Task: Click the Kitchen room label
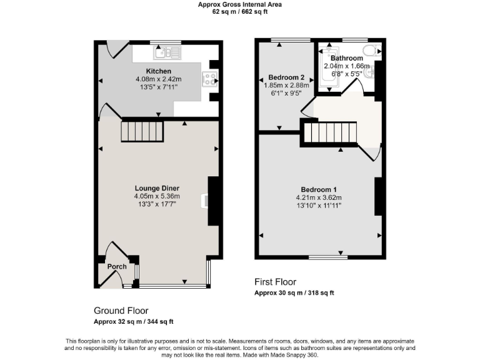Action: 158,71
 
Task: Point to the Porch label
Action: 117,266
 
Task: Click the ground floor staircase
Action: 142,131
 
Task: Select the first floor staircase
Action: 329,132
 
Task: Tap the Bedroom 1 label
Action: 319,190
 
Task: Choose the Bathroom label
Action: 347,58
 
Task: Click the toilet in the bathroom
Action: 371,51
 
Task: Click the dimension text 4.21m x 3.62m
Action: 319,198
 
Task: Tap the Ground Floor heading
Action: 121,311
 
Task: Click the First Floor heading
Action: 275,282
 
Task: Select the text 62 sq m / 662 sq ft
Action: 239,11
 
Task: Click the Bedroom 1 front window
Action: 328,257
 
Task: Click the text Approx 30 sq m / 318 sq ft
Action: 294,293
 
